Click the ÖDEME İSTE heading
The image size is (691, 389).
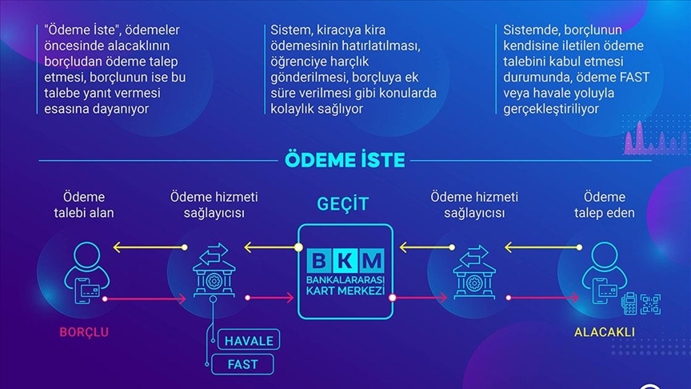(x=345, y=158)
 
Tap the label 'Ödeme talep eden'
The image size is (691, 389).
(x=604, y=205)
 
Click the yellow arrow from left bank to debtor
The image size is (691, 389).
(x=144, y=247)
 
